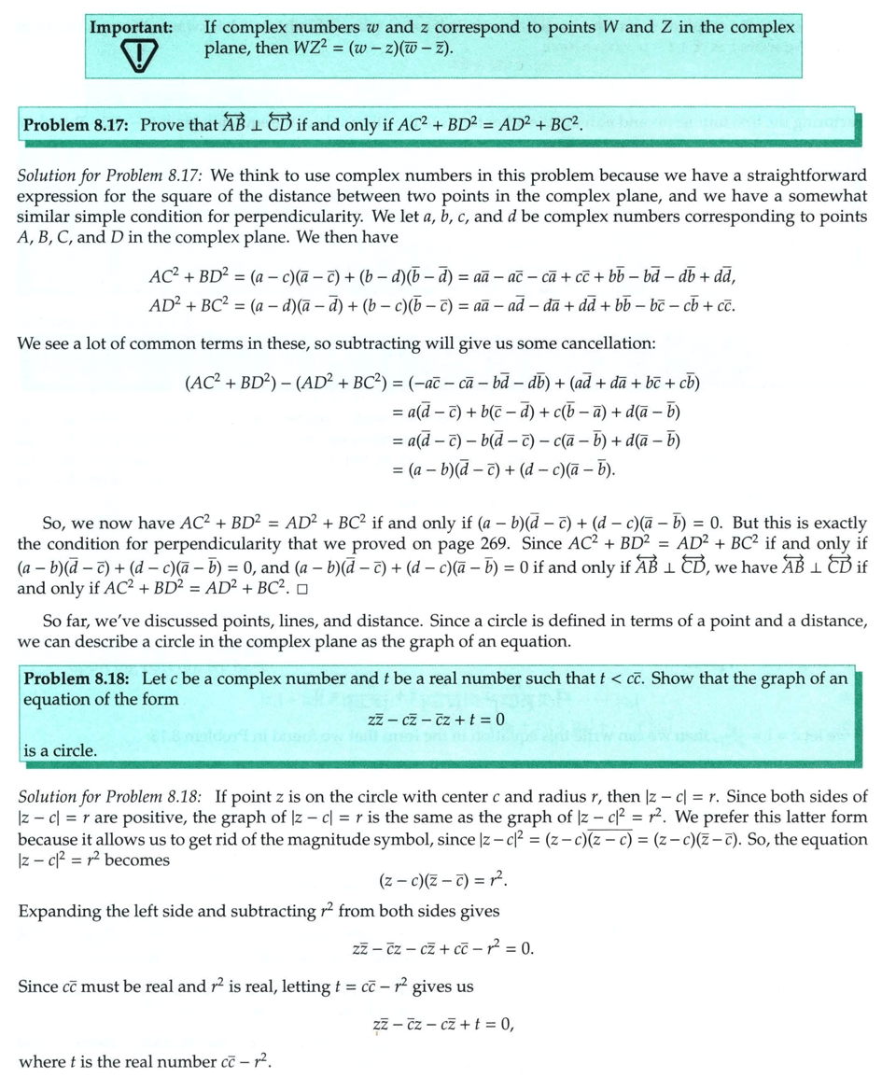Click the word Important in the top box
(131, 27)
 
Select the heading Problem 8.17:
(78, 124)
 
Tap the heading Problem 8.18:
(78, 678)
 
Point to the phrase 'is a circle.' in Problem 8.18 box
(59, 749)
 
